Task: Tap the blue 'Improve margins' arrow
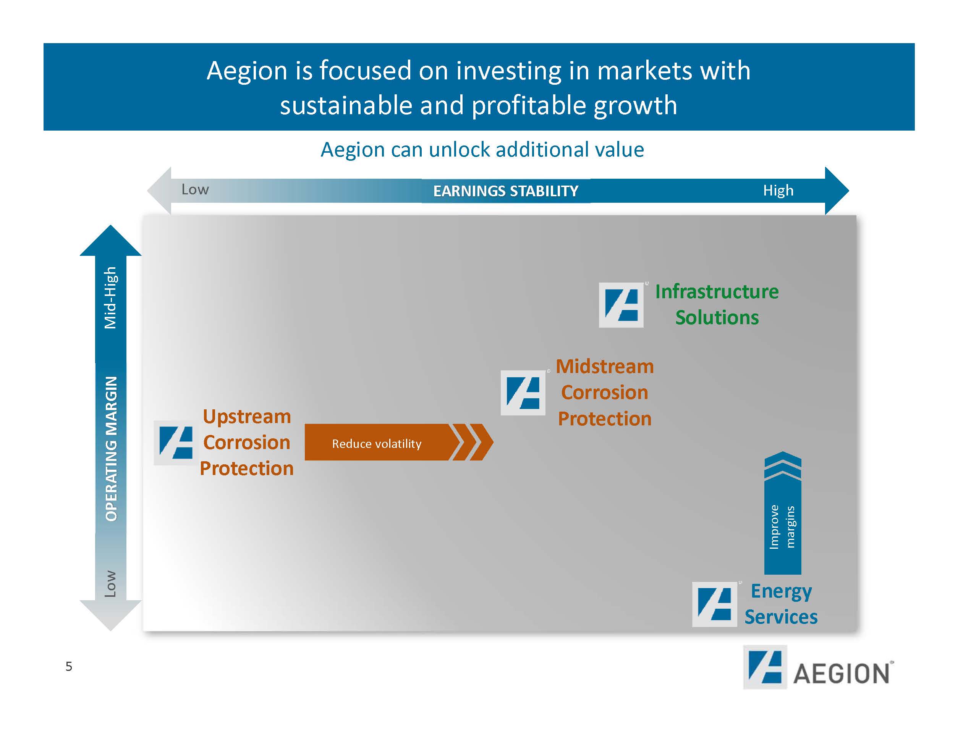click(x=783, y=517)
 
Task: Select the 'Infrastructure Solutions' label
click(x=717, y=304)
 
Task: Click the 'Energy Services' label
click(x=781, y=604)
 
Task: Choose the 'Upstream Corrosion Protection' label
click(x=246, y=442)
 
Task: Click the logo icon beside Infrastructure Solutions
click(x=621, y=305)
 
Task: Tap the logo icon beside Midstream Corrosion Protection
click(x=523, y=393)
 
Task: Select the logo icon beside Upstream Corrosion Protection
click(x=175, y=443)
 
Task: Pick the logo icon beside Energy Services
click(x=714, y=604)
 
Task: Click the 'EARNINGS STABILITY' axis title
click(x=506, y=191)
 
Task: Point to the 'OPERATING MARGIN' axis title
click(x=112, y=448)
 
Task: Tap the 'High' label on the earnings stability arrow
click(x=778, y=191)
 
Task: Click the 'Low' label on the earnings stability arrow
click(x=195, y=189)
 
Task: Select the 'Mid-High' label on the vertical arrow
click(x=110, y=298)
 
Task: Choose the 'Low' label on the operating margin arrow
click(x=110, y=583)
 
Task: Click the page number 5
click(x=69, y=666)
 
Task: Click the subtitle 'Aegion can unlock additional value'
click(x=482, y=150)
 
